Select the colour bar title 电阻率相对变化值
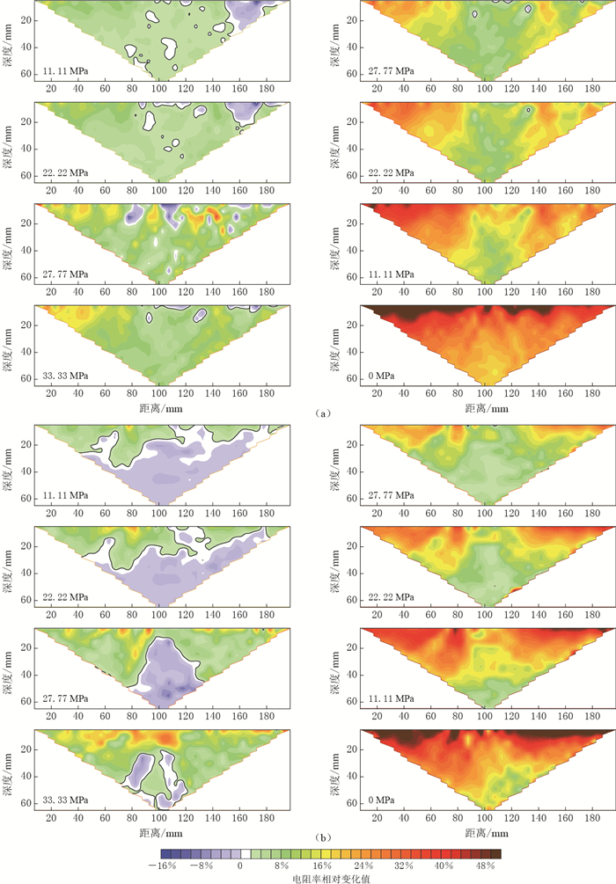331,877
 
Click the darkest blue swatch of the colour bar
166,852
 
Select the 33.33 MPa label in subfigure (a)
66,376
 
